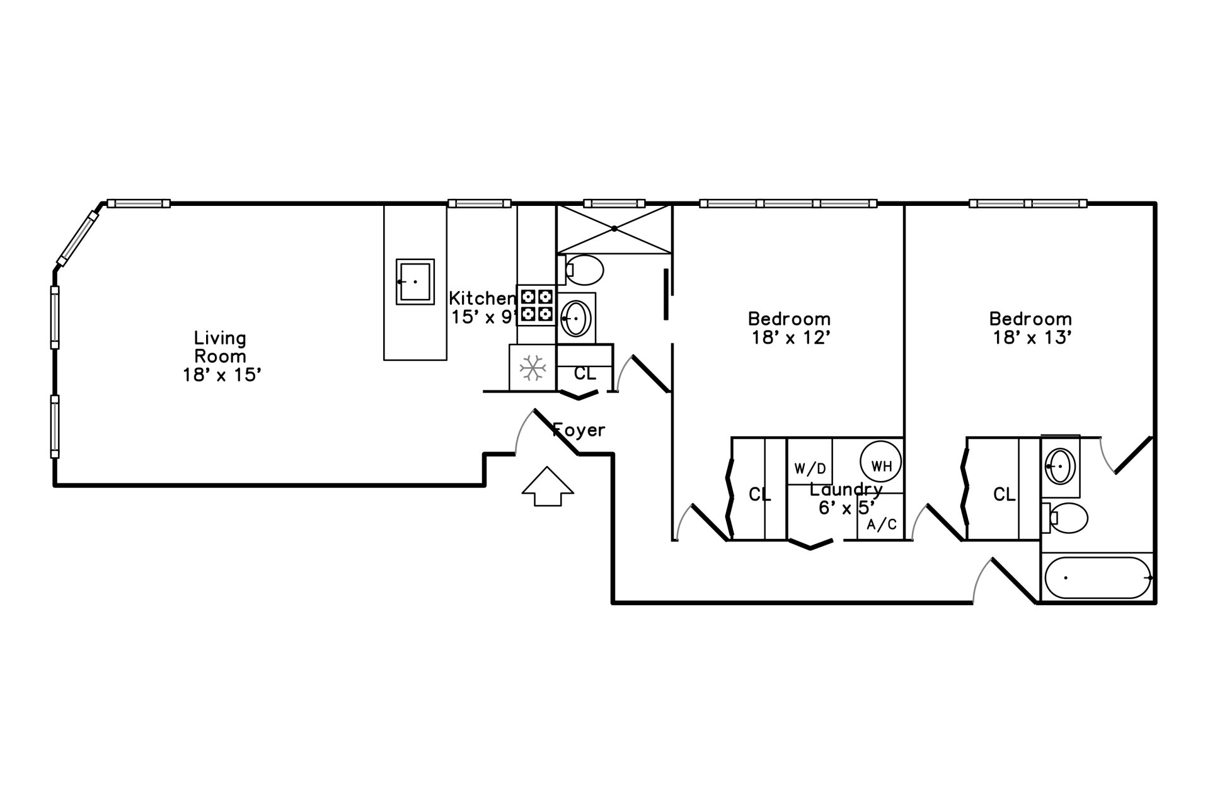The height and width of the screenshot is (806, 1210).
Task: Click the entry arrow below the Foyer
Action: [548, 486]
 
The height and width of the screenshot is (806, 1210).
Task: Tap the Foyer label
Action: [579, 431]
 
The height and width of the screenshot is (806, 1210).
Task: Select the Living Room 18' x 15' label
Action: [221, 356]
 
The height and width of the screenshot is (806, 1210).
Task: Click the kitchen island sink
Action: [415, 281]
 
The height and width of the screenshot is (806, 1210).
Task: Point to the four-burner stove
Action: [536, 305]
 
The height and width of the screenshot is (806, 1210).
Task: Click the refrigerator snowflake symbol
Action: [533, 367]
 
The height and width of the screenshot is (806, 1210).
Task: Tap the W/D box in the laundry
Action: [810, 468]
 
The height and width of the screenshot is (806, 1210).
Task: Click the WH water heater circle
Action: [881, 466]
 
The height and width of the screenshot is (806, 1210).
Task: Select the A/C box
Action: [881, 524]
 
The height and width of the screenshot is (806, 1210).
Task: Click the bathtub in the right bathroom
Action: [1098, 578]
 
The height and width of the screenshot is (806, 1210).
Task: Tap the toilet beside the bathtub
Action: [1066, 518]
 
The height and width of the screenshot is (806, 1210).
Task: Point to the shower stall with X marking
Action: [614, 229]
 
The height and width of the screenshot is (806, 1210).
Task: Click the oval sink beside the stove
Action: [576, 318]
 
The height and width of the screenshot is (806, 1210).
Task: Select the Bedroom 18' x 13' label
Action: [1031, 328]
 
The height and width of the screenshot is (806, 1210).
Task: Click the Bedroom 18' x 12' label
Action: [789, 328]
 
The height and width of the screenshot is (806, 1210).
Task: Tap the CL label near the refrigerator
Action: [585, 374]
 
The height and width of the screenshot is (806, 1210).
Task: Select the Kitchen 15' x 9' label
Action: [483, 307]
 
